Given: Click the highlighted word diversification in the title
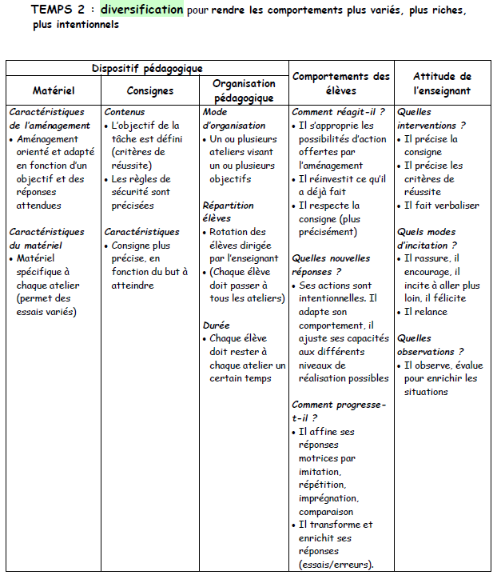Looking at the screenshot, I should click(x=141, y=10).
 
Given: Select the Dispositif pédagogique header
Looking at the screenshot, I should click(x=147, y=69).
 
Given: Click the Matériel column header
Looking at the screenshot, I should click(x=54, y=90).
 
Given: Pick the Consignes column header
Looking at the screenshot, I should click(x=150, y=90).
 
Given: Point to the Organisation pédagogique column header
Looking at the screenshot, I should click(x=244, y=90).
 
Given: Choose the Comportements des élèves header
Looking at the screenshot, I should click(x=341, y=83).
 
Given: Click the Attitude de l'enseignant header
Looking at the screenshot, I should click(x=443, y=83).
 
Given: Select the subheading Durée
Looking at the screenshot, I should click(x=217, y=325).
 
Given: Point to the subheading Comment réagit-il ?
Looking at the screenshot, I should click(x=338, y=113).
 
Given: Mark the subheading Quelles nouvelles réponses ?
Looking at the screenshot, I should click(x=331, y=265).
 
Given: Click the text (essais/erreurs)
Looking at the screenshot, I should click(x=336, y=565).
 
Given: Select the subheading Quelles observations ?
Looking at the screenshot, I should click(x=430, y=345).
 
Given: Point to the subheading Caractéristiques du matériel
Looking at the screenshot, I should click(x=46, y=238).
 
